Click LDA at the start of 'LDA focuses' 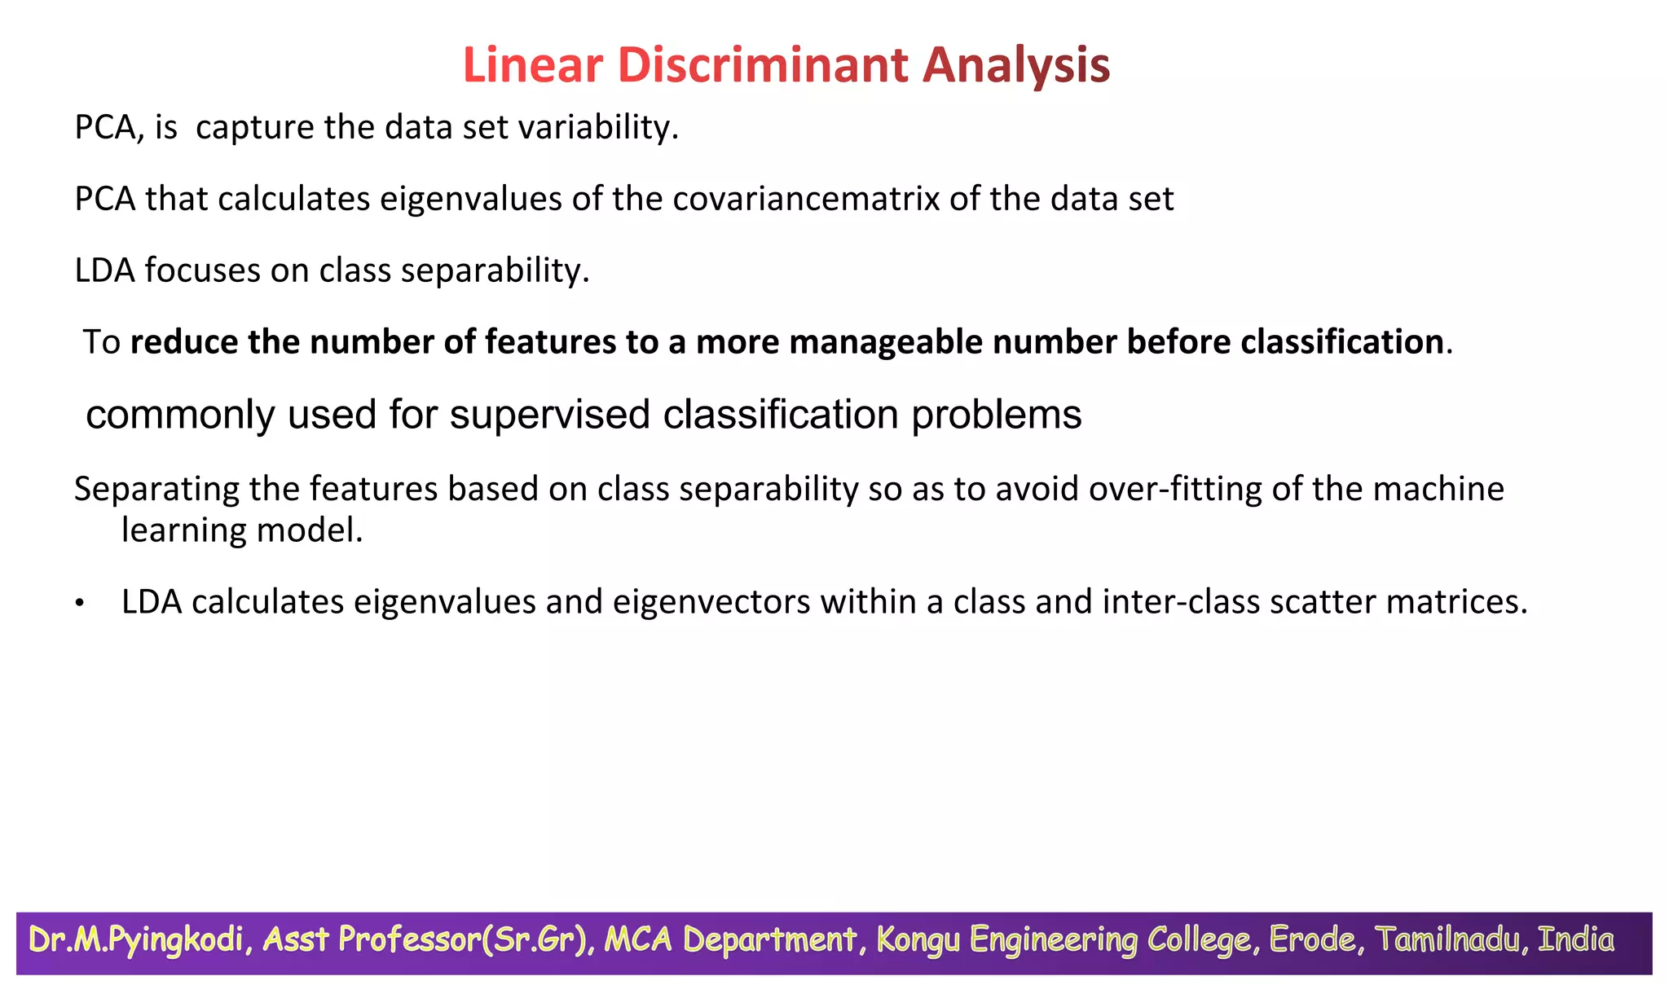[x=104, y=270]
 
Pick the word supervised [x=550, y=416]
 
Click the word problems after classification [x=996, y=416]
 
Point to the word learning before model [x=172, y=531]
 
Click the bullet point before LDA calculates [x=79, y=604]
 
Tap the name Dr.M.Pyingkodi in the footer [x=136, y=940]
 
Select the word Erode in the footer [x=1312, y=940]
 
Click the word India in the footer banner [x=1574, y=940]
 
